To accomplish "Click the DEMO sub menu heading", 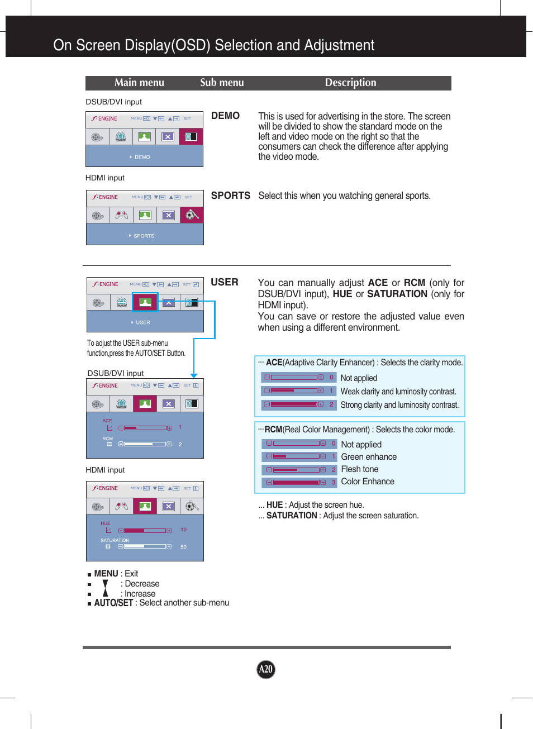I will [225, 116].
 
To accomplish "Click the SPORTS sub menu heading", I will [230, 196].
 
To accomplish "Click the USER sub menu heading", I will [224, 282].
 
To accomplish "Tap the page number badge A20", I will [266, 669].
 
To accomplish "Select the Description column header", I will [350, 83].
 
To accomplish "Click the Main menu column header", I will [139, 83].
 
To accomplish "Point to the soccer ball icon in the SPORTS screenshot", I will [192, 215].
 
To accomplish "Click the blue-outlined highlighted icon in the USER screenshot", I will [145, 302].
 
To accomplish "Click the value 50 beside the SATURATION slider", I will [183, 547].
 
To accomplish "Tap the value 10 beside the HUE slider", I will [183, 530].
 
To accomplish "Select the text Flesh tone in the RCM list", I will [359, 469].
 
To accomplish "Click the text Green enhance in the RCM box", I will [369, 457].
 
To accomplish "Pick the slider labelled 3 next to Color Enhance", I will [296, 482].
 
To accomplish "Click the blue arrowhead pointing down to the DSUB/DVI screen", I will [194, 375].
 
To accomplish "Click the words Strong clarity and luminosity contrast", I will [399, 405].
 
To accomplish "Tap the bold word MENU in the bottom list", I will [106, 574].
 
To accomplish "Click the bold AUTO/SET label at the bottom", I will [113, 603].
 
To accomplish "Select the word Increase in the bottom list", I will [140, 594].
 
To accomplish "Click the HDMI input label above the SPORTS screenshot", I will [105, 178].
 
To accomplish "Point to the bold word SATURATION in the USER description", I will [397, 294].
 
